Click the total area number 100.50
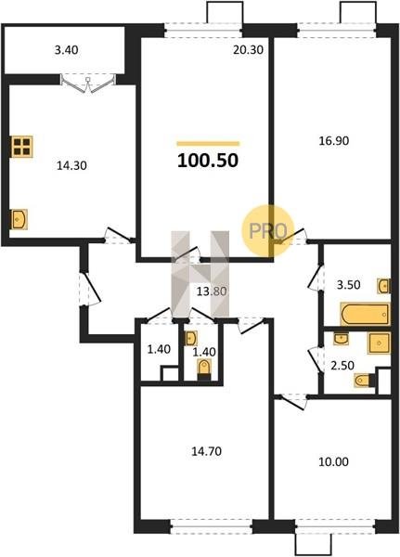208,161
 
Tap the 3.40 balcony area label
67,50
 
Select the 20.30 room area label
249,50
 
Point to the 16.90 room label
334,141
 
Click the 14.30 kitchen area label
71,165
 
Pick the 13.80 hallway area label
212,291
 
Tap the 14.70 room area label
206,451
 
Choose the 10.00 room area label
334,461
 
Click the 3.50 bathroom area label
348,285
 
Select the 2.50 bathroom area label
342,366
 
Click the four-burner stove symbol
22,147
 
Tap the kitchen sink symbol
19,219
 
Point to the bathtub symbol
365,314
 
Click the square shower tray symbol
380,343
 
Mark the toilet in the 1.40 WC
204,369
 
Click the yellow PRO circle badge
268,230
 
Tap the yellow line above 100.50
208,144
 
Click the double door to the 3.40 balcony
88,84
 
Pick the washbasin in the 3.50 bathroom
384,286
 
